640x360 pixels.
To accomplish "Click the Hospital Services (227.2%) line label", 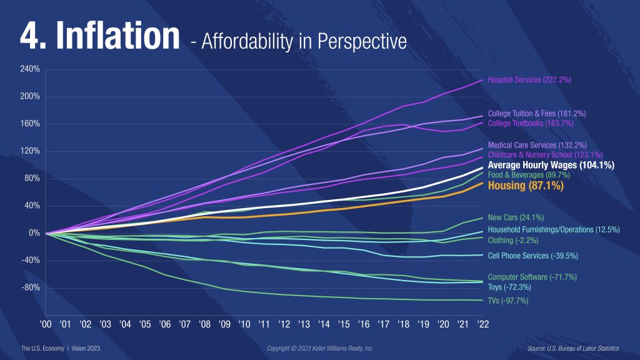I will point(529,80).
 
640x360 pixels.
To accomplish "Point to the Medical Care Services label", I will point(537,145).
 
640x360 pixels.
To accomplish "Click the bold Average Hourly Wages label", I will point(551,165).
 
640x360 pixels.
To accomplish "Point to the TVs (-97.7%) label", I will point(508,301).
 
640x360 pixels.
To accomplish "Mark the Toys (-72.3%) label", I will point(509,287).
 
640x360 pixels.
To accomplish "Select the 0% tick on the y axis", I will point(34,233).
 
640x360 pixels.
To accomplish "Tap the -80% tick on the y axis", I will point(31,287).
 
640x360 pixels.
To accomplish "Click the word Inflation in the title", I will point(118,37).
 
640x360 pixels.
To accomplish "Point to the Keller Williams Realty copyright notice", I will point(320,348).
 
